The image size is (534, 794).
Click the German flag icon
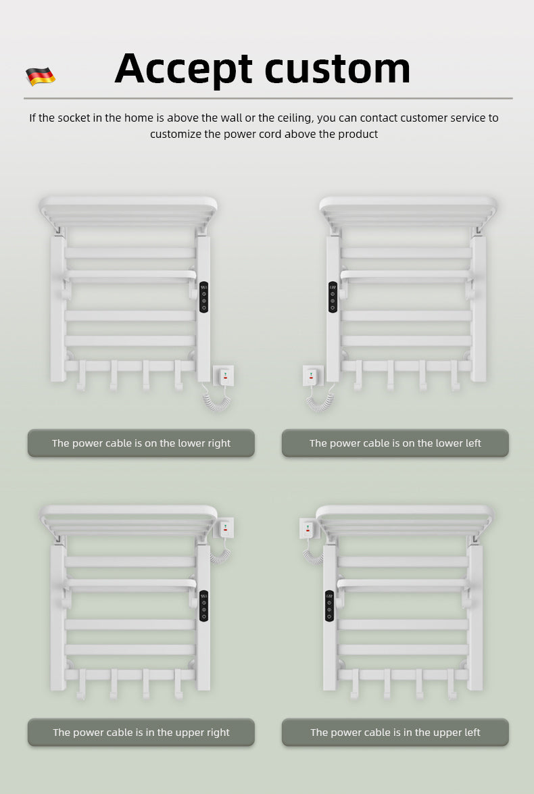click(x=41, y=76)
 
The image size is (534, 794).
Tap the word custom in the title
click(x=337, y=68)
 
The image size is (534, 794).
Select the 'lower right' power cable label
click(x=141, y=443)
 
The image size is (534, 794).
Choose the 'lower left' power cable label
click(x=395, y=443)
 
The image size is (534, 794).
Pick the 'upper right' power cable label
click(x=141, y=733)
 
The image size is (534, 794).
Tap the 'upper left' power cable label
click(x=395, y=733)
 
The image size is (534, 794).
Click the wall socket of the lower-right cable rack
click(x=224, y=375)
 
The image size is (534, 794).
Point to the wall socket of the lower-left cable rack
click(x=312, y=376)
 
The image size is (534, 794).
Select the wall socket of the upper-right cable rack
click(x=224, y=527)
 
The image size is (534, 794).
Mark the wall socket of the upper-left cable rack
click(x=308, y=527)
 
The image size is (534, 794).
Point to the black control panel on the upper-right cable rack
click(x=203, y=606)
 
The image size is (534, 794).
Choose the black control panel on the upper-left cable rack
click(x=329, y=606)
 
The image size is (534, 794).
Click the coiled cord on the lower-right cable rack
click(x=218, y=400)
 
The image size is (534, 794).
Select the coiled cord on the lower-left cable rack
click(x=318, y=400)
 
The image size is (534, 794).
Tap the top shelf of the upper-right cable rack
click(x=128, y=514)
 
